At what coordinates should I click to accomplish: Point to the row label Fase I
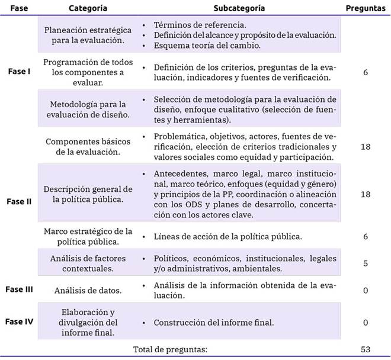pos(21,71)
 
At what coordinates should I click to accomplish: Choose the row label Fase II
pos(21,201)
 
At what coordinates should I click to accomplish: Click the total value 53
pos(366,349)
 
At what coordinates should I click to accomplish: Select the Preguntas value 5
pos(366,263)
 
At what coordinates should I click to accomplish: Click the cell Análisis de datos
pos(88,290)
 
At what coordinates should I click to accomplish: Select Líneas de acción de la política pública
pos(228,236)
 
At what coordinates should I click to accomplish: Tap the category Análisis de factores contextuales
pos(88,263)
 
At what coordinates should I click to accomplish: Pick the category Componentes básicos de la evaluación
pos(88,146)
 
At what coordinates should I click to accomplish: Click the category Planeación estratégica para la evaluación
pos(88,35)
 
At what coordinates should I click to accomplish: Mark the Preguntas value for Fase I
pos(366,71)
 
